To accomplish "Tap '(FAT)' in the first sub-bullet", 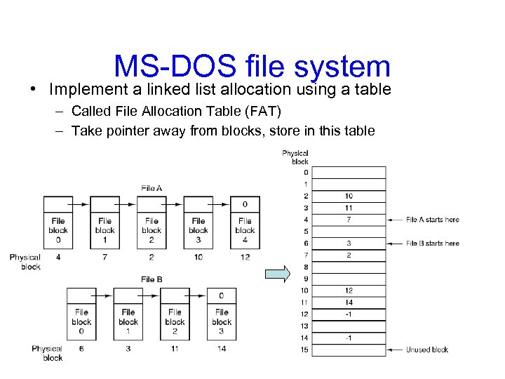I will coord(262,110).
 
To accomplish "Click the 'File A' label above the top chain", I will coord(151,188).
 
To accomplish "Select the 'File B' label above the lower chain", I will coord(151,279).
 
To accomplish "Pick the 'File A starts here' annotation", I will coord(432,220).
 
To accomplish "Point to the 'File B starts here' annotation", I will coord(432,244).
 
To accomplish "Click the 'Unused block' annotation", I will coord(426,350).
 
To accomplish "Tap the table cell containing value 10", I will coord(349,196).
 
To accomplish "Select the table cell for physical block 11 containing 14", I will coord(349,302).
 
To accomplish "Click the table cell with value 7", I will coord(349,220).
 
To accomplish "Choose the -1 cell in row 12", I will coord(349,314).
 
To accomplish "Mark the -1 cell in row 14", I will coord(349,338).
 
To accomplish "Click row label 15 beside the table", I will coord(304,350).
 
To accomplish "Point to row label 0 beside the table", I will coord(305,172).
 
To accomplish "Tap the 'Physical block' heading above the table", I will coord(295,157).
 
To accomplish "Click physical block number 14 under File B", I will coord(222,349).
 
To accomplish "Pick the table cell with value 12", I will coord(349,291).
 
